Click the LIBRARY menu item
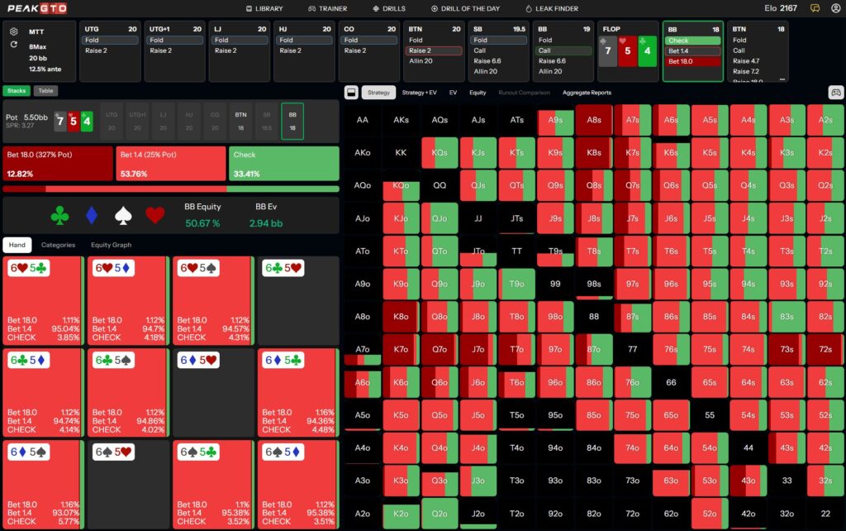264,8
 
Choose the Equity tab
478,93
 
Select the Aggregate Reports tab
587,93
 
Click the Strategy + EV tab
419,93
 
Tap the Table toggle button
46,91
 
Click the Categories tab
59,245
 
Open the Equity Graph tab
111,245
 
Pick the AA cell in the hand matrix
362,120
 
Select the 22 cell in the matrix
825,513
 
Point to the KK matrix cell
401,153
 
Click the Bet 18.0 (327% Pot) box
58,163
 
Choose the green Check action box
283,163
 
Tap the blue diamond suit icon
91,216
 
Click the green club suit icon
59,216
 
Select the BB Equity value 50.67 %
203,223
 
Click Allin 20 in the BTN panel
421,61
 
